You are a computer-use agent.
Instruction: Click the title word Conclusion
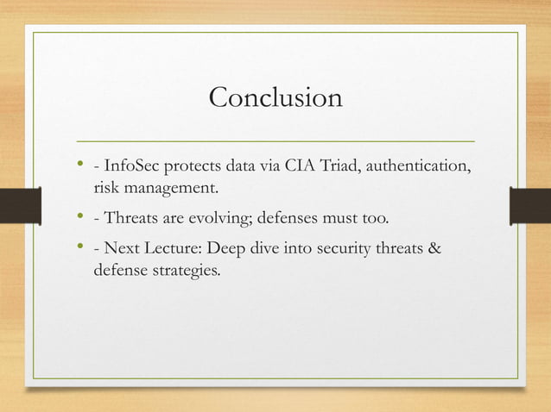pyautogui.click(x=275, y=97)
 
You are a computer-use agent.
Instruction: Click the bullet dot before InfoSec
pyautogui.click(x=79, y=164)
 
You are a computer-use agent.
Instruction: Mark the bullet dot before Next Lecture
pyautogui.click(x=79, y=249)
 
